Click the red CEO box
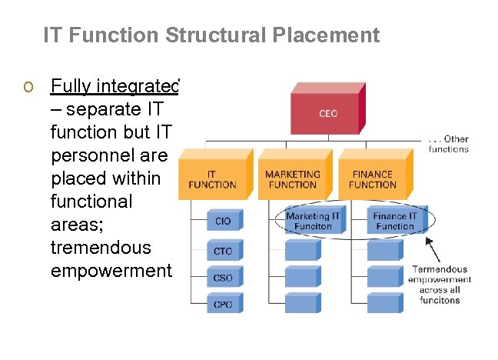pos(328,114)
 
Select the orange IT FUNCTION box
pos(212,180)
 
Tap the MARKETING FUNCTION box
pos(292,180)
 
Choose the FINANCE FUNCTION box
pos(372,180)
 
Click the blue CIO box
pos(223,221)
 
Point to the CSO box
pos(223,278)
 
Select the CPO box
pos(223,304)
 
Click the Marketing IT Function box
pos(313,222)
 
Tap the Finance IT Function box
pos(395,222)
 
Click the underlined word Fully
pos(71,85)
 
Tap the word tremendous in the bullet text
pos(101,248)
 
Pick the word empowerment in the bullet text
pos(112,271)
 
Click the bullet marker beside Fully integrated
pos(28,86)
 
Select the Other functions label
pos(449,144)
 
